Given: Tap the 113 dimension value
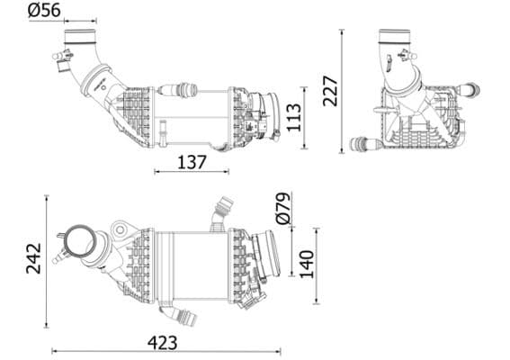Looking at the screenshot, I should (293, 116).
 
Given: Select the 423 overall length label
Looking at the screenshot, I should (162, 342).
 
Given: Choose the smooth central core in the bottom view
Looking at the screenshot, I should (192, 263).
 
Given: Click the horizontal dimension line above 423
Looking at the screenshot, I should (166, 351).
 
